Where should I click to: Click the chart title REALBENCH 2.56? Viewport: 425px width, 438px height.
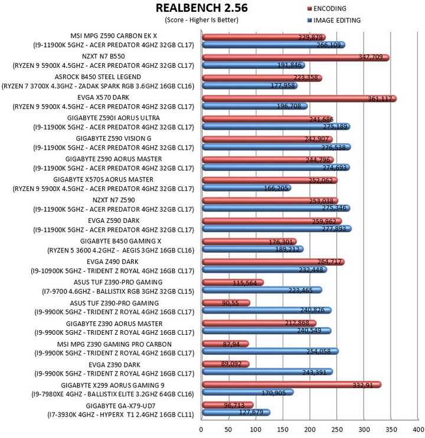201,8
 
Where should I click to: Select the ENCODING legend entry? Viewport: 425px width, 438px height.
327,9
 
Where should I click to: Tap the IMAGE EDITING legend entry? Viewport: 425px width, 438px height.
334,21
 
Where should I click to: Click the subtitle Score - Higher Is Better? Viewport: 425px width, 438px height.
201,20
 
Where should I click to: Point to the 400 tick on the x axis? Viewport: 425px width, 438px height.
419,429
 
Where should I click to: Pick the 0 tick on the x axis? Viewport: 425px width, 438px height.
201,429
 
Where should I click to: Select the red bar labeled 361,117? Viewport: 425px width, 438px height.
299,98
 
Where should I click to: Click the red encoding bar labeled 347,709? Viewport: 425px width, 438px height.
296,58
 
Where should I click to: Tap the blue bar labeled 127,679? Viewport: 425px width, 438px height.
236,412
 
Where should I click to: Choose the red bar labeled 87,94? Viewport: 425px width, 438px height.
225,344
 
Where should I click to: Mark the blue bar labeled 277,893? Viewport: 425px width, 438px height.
277,229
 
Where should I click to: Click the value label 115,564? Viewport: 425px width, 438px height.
244,283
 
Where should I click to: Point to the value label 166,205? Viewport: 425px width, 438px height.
276,188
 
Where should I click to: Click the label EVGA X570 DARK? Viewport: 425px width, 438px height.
103,97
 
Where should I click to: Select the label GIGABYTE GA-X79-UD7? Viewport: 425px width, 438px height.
120,406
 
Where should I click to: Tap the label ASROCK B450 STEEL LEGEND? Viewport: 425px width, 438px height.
97,77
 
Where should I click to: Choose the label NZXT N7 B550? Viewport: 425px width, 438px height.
103,57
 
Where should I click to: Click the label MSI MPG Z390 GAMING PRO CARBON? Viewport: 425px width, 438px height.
114,344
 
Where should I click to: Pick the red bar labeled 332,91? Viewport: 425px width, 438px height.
292,385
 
